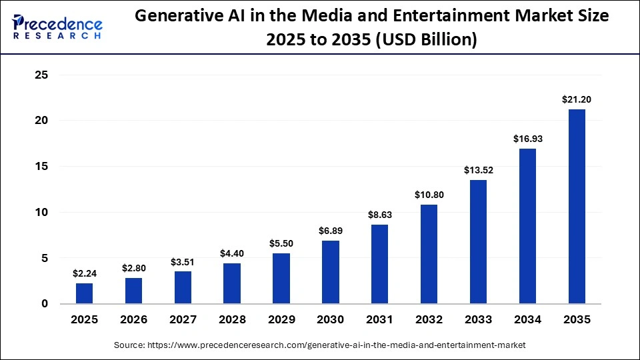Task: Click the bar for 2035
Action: pyautogui.click(x=577, y=207)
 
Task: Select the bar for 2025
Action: pyautogui.click(x=85, y=293)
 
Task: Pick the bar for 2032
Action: pyautogui.click(x=429, y=254)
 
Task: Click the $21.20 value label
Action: pyautogui.click(x=577, y=99)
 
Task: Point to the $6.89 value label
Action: pyautogui.click(x=331, y=231)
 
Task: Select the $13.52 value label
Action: pyautogui.click(x=478, y=170)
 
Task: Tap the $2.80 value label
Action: pyautogui.click(x=133, y=268)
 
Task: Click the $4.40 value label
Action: pyautogui.click(x=232, y=253)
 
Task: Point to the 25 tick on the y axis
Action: pyautogui.click(x=41, y=75)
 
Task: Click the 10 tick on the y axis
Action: pyautogui.click(x=41, y=213)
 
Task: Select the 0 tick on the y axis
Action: pyautogui.click(x=45, y=304)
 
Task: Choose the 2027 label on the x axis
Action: pyautogui.click(x=183, y=320)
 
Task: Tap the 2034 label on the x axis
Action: pyautogui.click(x=527, y=320)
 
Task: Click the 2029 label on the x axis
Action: pyautogui.click(x=281, y=320)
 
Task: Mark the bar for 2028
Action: pyautogui.click(x=232, y=283)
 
